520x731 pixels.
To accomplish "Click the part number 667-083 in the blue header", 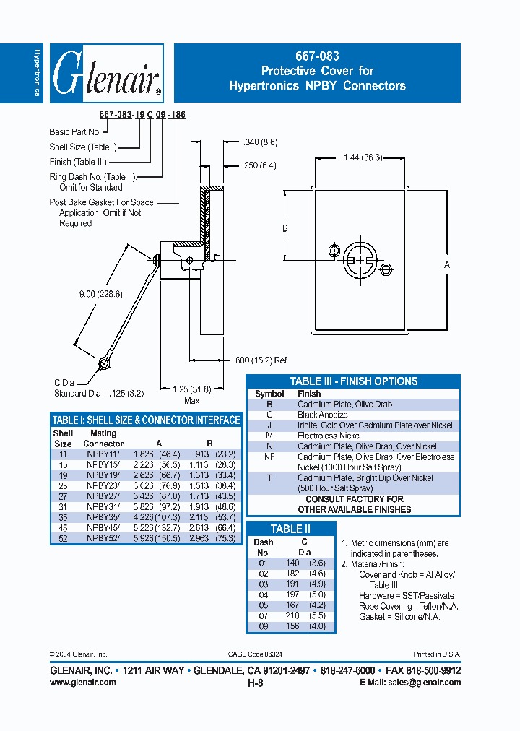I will (x=317, y=56).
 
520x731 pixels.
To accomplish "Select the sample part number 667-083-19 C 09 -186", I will (x=142, y=116).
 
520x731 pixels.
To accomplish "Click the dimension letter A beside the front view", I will (x=447, y=266).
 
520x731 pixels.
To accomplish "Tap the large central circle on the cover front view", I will (x=360, y=260).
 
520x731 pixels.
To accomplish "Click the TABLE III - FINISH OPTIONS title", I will (x=354, y=381).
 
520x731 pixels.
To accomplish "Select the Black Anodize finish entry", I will (x=323, y=415).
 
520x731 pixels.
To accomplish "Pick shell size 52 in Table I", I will (x=63, y=538).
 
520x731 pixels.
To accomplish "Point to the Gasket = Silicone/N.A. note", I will (x=399, y=616).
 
